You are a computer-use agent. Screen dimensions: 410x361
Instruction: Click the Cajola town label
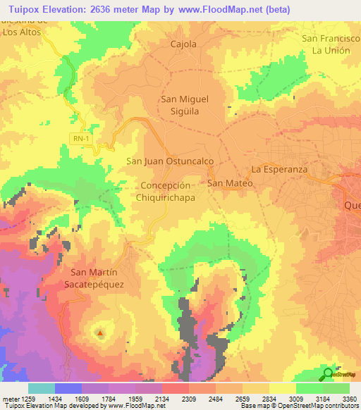click(183, 44)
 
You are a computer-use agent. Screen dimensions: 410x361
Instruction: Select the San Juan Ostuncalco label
click(169, 161)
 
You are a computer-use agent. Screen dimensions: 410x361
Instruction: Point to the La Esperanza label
click(280, 170)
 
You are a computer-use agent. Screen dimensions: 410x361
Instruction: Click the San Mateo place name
click(229, 183)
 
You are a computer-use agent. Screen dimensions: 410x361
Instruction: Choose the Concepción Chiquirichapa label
click(166, 192)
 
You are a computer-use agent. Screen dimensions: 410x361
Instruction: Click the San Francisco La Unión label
click(331, 45)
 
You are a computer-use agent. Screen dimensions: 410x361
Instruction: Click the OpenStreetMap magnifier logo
click(327, 374)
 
